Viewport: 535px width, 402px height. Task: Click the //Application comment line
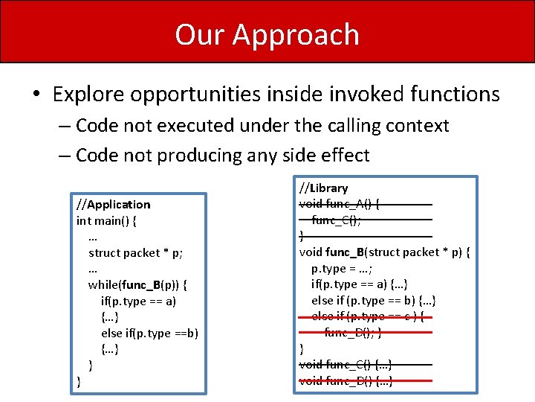pos(113,204)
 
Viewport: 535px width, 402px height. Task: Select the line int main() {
pos(106,220)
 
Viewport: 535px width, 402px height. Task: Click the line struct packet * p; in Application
pos(135,252)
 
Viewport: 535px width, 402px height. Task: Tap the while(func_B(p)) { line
pos(137,285)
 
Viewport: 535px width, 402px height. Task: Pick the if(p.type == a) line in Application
pos(138,301)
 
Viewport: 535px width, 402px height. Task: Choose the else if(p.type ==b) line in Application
pos(149,333)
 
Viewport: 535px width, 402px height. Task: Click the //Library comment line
pos(323,188)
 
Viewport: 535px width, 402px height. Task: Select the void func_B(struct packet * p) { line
pos(384,252)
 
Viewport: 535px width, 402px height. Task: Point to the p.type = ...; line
pos(342,268)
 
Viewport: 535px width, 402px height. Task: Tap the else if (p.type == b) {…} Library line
pos(373,300)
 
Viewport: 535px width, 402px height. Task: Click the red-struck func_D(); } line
pos(352,332)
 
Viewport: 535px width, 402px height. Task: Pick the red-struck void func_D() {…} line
pos(346,380)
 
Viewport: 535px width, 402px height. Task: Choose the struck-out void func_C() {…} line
pos(346,364)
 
